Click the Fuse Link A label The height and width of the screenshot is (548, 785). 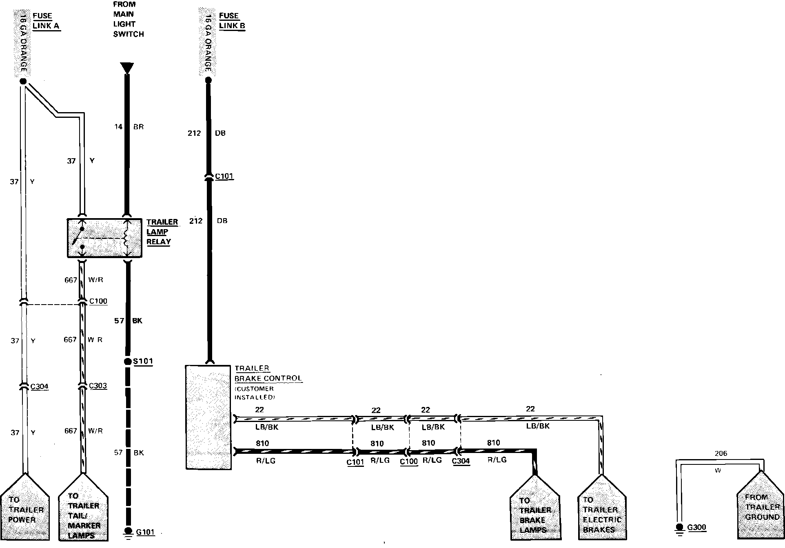46,21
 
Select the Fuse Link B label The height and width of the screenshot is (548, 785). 232,21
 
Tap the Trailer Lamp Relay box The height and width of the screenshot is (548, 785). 104,238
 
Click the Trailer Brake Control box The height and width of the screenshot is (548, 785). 208,417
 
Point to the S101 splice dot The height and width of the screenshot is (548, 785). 128,362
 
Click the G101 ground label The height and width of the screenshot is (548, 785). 145,532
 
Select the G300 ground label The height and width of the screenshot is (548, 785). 696,527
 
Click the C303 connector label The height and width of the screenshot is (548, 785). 98,386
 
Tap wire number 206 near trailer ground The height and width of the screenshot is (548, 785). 721,453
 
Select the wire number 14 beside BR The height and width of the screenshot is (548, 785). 118,127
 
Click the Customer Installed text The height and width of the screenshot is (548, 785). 254,393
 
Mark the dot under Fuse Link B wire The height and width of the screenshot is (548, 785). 208,80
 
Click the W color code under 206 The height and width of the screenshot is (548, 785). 718,471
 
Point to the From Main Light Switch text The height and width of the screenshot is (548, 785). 128,19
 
